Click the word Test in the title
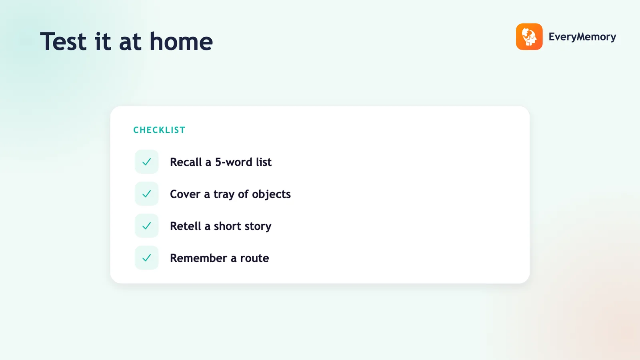click(63, 42)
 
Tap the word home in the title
click(181, 42)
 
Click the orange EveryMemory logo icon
click(529, 36)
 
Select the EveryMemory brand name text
click(582, 37)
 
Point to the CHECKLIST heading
click(160, 130)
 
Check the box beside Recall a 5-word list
click(146, 162)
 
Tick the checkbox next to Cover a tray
click(146, 194)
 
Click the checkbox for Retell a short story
click(146, 226)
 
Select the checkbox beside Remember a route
click(146, 258)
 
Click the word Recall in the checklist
click(186, 162)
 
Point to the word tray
click(224, 194)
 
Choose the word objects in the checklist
click(271, 194)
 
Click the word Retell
click(186, 226)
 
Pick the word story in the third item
click(258, 226)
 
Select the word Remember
click(198, 258)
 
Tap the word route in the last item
click(254, 258)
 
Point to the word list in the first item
click(264, 162)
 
